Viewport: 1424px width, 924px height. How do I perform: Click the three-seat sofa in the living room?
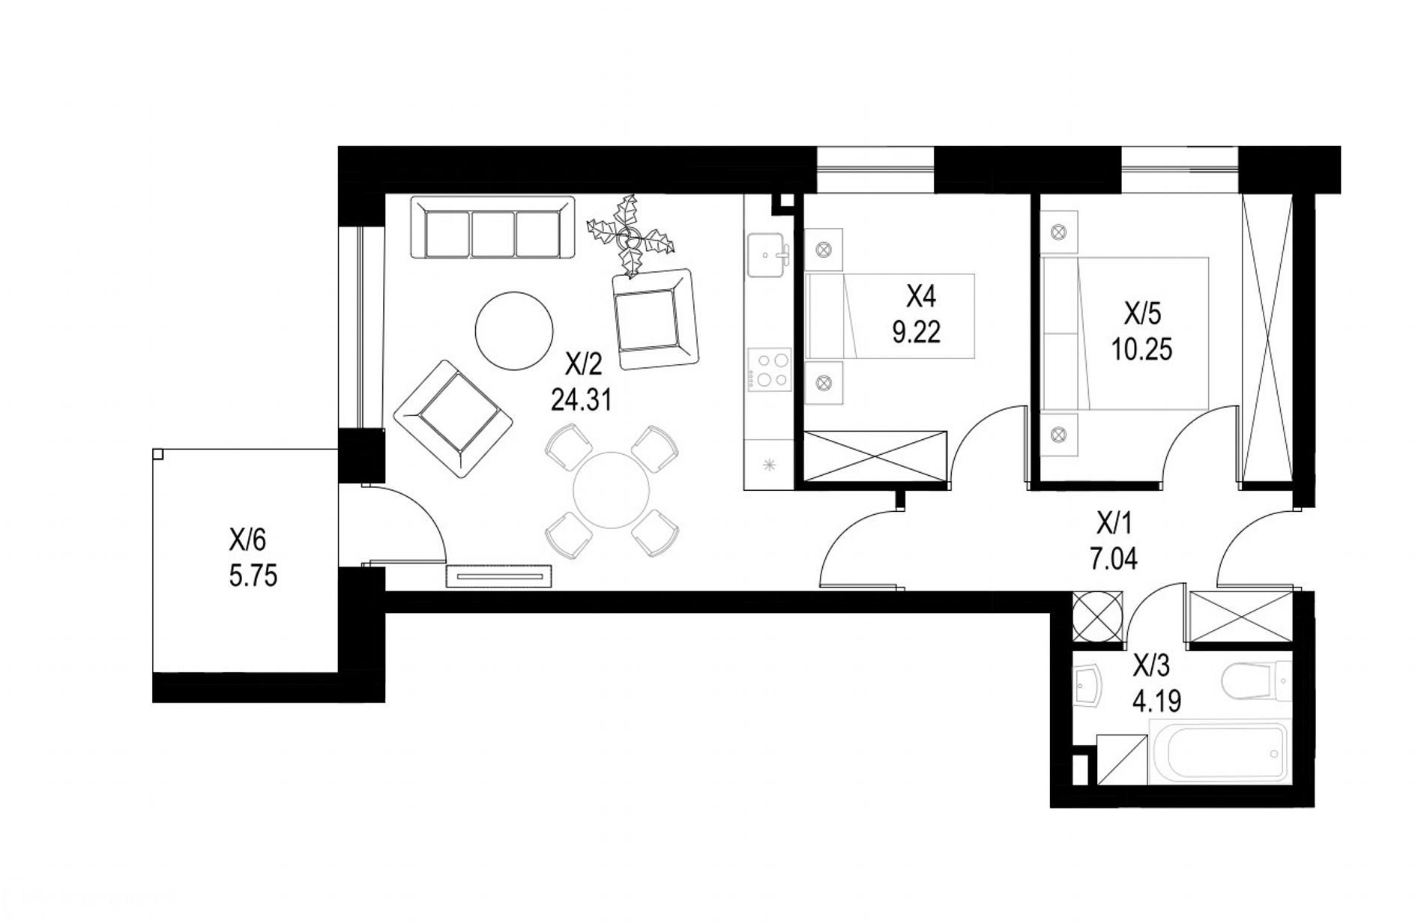(x=493, y=227)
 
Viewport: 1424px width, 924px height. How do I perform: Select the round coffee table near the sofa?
(x=515, y=330)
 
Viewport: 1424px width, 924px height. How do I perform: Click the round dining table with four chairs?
(x=611, y=491)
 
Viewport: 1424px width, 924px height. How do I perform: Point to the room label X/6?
(x=248, y=539)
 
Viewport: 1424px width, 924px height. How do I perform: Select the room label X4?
(x=921, y=298)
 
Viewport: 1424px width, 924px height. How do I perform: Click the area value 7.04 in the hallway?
(x=1113, y=558)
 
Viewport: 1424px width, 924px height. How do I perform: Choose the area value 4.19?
(x=1157, y=701)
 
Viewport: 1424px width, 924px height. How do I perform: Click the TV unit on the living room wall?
(x=499, y=576)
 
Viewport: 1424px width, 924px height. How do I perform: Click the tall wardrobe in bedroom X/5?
(x=1267, y=339)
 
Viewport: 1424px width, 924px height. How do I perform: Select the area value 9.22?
(x=916, y=332)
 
